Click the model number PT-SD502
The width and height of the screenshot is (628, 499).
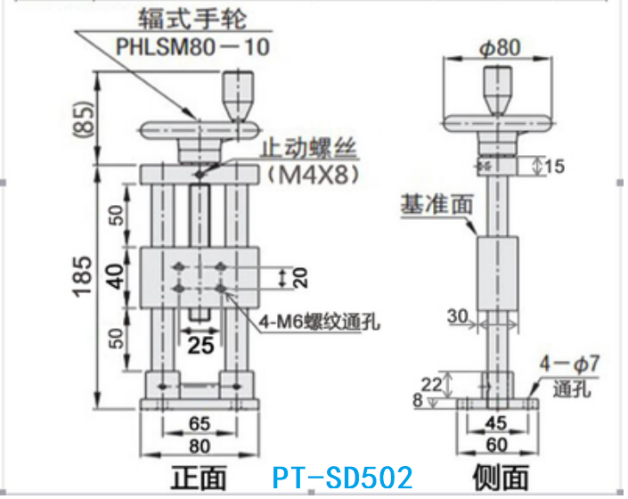[342, 476]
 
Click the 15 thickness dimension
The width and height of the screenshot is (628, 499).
[554, 166]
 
